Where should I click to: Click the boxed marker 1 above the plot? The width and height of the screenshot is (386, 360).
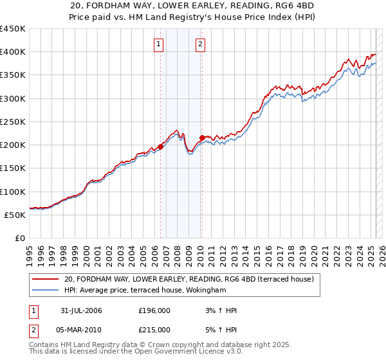tap(158, 44)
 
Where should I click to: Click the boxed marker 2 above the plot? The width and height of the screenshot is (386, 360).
tap(201, 44)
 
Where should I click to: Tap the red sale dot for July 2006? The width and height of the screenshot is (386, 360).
tap(160, 147)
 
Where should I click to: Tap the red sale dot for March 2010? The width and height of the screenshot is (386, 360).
tap(202, 138)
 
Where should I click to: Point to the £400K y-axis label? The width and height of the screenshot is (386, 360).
tap(13, 52)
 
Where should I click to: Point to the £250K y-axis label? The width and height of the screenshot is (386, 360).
tap(13, 122)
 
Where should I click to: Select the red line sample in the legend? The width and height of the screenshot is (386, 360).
tap(45, 279)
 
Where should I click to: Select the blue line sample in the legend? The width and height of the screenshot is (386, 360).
tap(45, 291)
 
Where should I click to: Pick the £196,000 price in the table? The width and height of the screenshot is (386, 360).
tap(154, 310)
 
